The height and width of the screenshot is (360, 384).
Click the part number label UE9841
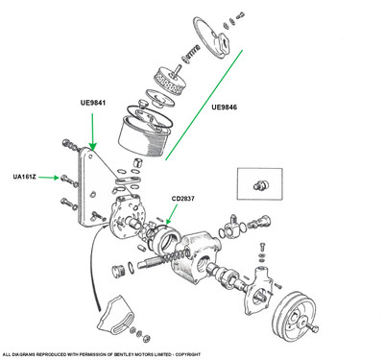tap(93, 103)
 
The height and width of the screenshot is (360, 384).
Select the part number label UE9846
tap(224, 108)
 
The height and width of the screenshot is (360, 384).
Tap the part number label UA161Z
tap(25, 177)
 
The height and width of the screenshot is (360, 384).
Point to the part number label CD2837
tap(182, 199)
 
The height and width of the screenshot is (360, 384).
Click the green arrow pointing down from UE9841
tap(92, 132)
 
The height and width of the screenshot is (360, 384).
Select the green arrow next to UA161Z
tap(49, 178)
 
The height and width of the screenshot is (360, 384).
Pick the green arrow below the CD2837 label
tap(172, 214)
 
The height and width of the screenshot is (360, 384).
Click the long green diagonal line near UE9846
tap(204, 105)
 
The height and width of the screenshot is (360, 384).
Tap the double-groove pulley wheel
tap(294, 314)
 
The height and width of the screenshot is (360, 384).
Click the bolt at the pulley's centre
tap(311, 327)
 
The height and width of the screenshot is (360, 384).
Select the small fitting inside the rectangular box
tap(261, 184)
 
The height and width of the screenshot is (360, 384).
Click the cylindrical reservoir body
tap(145, 135)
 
